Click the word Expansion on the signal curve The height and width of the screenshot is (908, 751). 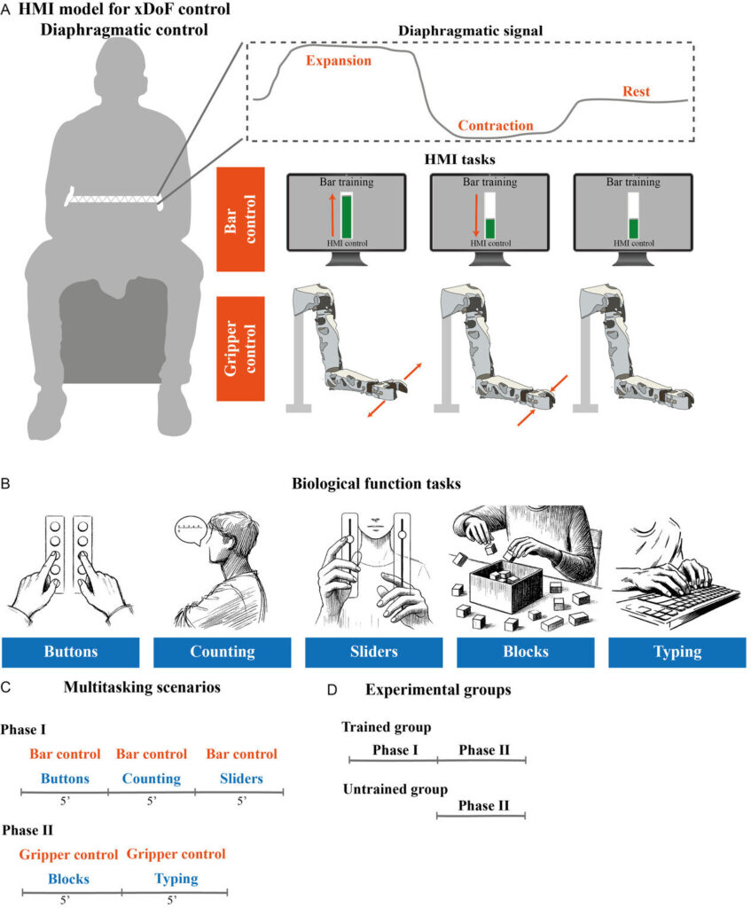coord(339,61)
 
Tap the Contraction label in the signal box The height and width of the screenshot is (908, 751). coord(496,126)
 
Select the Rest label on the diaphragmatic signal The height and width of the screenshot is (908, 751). coord(637,91)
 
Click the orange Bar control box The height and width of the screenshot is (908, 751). coord(241,220)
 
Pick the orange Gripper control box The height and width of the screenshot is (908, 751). coord(241,348)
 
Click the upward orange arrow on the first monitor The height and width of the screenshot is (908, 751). coord(332,215)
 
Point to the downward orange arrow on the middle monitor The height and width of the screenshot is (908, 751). coord(476,215)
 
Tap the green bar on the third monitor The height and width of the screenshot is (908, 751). coord(633,229)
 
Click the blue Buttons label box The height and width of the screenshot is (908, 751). coord(71,652)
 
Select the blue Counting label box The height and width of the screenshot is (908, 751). coord(223,652)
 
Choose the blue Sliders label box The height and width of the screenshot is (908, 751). coord(374,652)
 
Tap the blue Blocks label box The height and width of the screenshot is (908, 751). coord(526,652)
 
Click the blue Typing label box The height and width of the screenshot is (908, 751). coord(677,652)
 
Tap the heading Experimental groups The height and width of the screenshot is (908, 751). coord(438,690)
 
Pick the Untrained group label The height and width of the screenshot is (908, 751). coord(395,790)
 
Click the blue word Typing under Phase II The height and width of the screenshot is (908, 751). coord(176,879)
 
